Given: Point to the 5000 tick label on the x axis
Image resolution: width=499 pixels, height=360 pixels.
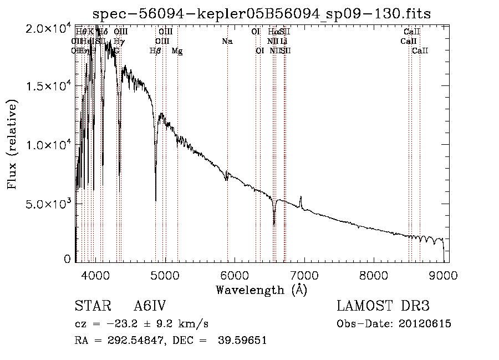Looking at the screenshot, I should coord(165,275).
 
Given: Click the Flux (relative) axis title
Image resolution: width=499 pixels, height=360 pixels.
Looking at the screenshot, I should coord(13,144).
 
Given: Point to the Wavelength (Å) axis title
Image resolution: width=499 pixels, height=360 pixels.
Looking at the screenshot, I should coord(261,290).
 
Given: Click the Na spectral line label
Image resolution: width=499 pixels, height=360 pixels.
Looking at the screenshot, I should coord(227,41).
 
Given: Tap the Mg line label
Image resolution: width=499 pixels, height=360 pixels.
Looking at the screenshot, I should coord(177,51).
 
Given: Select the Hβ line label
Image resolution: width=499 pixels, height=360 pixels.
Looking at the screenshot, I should coord(156,51).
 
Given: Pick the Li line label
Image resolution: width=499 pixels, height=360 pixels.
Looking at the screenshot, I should coord(283,41).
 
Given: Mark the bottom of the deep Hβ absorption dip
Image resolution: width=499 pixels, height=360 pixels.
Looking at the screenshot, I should coord(155,200).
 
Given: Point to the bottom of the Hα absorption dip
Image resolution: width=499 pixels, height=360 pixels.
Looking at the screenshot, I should coord(274,224).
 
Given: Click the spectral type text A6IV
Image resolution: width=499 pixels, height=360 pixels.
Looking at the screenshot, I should coord(150,306).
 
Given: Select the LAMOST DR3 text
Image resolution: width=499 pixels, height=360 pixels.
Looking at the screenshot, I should coord(383,306).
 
